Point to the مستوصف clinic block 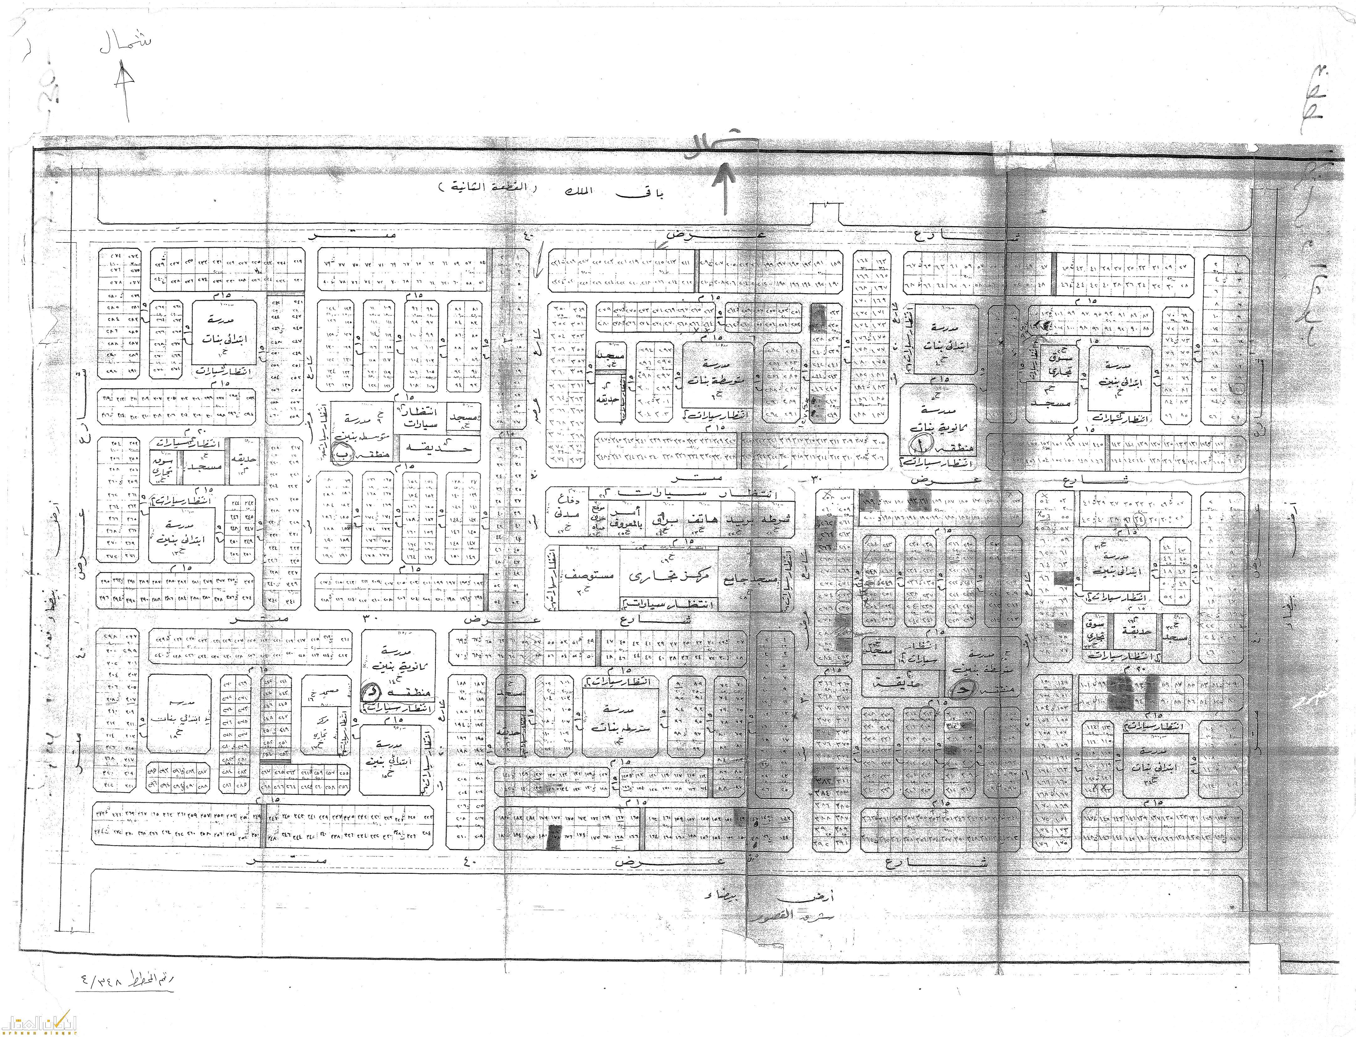click(x=592, y=577)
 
